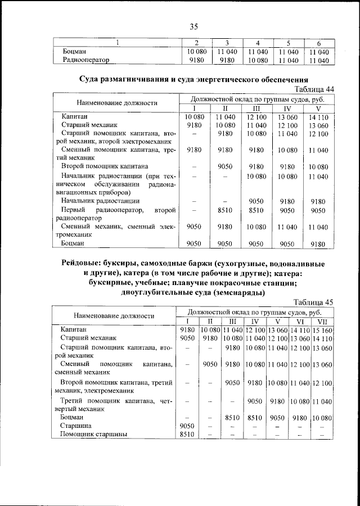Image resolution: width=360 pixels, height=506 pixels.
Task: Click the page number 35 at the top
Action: click(x=194, y=26)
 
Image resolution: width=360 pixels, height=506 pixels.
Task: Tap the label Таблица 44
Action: click(x=314, y=89)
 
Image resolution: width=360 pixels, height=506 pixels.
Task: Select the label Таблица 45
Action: click(x=314, y=302)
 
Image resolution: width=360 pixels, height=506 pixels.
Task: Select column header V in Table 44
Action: click(x=318, y=109)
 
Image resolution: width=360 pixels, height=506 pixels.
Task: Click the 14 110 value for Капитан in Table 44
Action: click(x=318, y=116)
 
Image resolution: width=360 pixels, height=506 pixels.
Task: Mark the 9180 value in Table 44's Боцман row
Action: click(x=318, y=244)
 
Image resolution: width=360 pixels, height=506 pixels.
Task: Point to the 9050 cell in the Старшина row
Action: click(x=186, y=426)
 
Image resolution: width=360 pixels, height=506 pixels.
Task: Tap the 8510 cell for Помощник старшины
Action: click(x=186, y=435)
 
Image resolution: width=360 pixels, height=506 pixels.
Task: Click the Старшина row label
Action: click(x=74, y=426)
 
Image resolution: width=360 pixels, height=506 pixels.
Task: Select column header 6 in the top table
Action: click(x=318, y=43)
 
